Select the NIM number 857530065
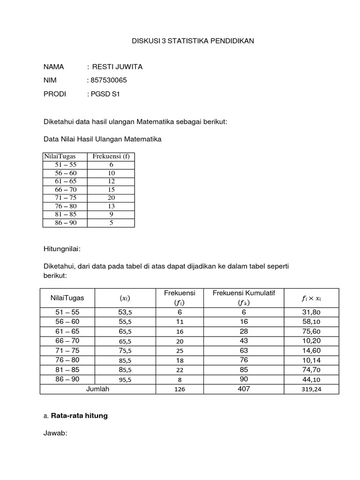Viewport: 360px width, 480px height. tap(107, 80)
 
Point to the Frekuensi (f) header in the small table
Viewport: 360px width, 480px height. tap(111, 157)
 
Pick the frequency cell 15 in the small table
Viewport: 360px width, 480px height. tap(111, 189)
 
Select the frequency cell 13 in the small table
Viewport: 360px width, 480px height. tap(111, 206)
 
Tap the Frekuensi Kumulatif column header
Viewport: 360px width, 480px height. tap(244, 293)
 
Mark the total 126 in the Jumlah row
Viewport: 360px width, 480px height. tap(180, 389)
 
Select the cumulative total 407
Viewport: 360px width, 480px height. tap(244, 389)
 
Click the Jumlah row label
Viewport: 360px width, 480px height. tap(97, 389)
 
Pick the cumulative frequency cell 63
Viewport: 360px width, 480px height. tap(244, 351)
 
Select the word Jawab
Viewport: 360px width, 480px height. tap(55, 434)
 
